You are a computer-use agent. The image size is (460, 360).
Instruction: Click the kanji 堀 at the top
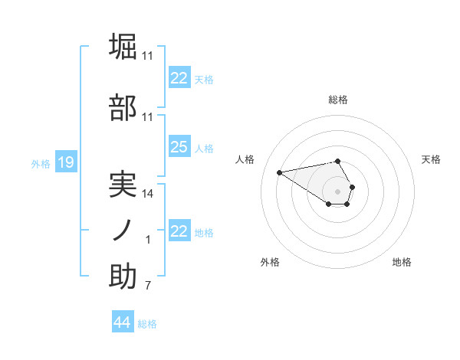point(123,46)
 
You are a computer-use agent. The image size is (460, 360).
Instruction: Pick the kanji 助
point(123,277)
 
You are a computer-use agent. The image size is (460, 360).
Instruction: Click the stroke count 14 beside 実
point(148,194)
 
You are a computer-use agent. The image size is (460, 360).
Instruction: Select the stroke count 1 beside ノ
point(148,241)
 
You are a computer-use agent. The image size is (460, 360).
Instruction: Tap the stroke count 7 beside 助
point(147,286)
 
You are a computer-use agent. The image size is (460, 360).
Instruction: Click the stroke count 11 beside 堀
point(148,56)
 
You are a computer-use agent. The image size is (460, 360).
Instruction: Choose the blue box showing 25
point(179,147)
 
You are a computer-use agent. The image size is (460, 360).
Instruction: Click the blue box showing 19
point(65,162)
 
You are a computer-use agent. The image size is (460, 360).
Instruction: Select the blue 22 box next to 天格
point(179,78)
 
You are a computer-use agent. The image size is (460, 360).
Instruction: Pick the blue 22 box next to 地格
point(179,231)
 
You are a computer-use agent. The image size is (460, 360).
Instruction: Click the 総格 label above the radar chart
point(338,100)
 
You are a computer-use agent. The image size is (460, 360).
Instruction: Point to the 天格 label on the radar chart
point(432,159)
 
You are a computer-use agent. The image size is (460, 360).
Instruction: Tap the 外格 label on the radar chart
point(270,262)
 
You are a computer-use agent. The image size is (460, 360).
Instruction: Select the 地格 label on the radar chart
point(402,262)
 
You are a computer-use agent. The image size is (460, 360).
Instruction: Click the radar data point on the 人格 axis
point(280,172)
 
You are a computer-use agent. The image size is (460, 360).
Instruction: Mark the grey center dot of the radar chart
point(338,191)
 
